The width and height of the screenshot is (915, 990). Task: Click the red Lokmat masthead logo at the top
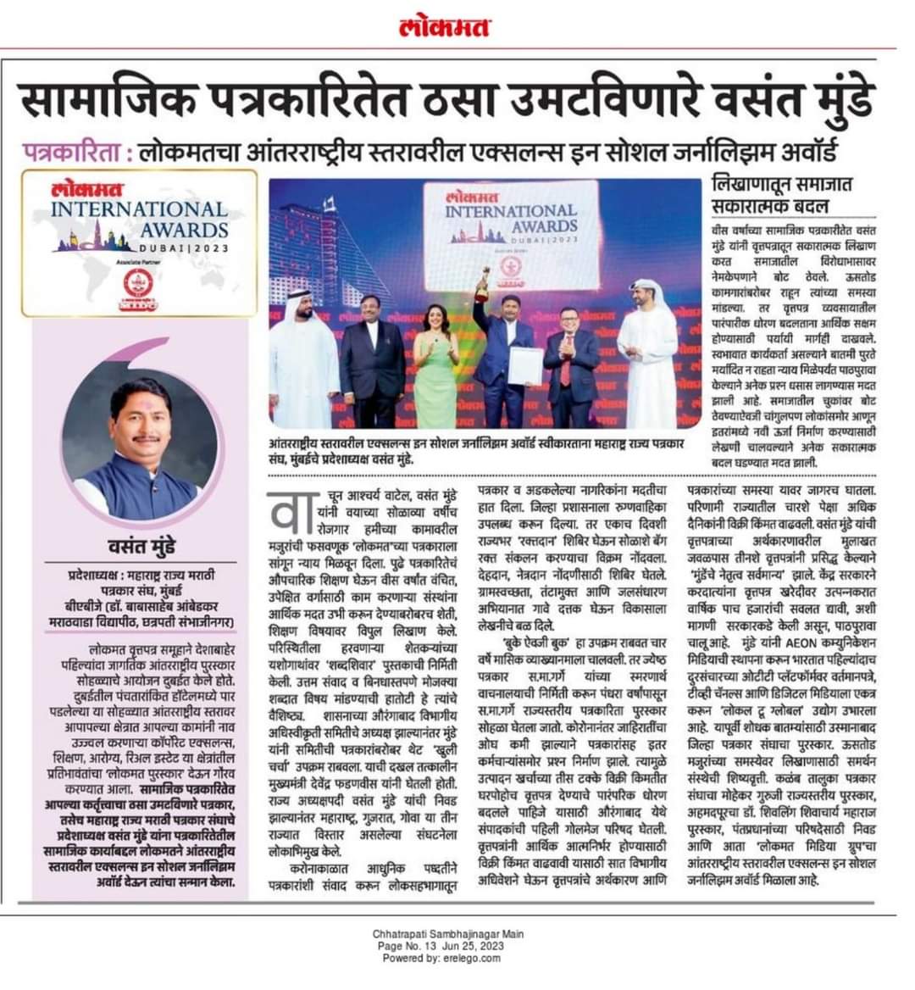coord(445,28)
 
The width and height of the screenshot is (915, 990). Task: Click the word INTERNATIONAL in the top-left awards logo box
coord(139,209)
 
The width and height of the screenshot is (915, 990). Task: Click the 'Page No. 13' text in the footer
coord(409,945)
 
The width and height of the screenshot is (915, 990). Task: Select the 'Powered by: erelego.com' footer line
coord(448,957)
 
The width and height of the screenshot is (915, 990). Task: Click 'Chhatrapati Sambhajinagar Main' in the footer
coord(448,934)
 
